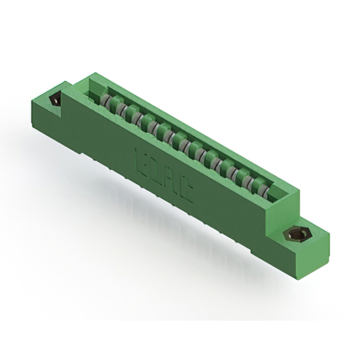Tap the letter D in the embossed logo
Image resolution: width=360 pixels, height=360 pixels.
(155, 169)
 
